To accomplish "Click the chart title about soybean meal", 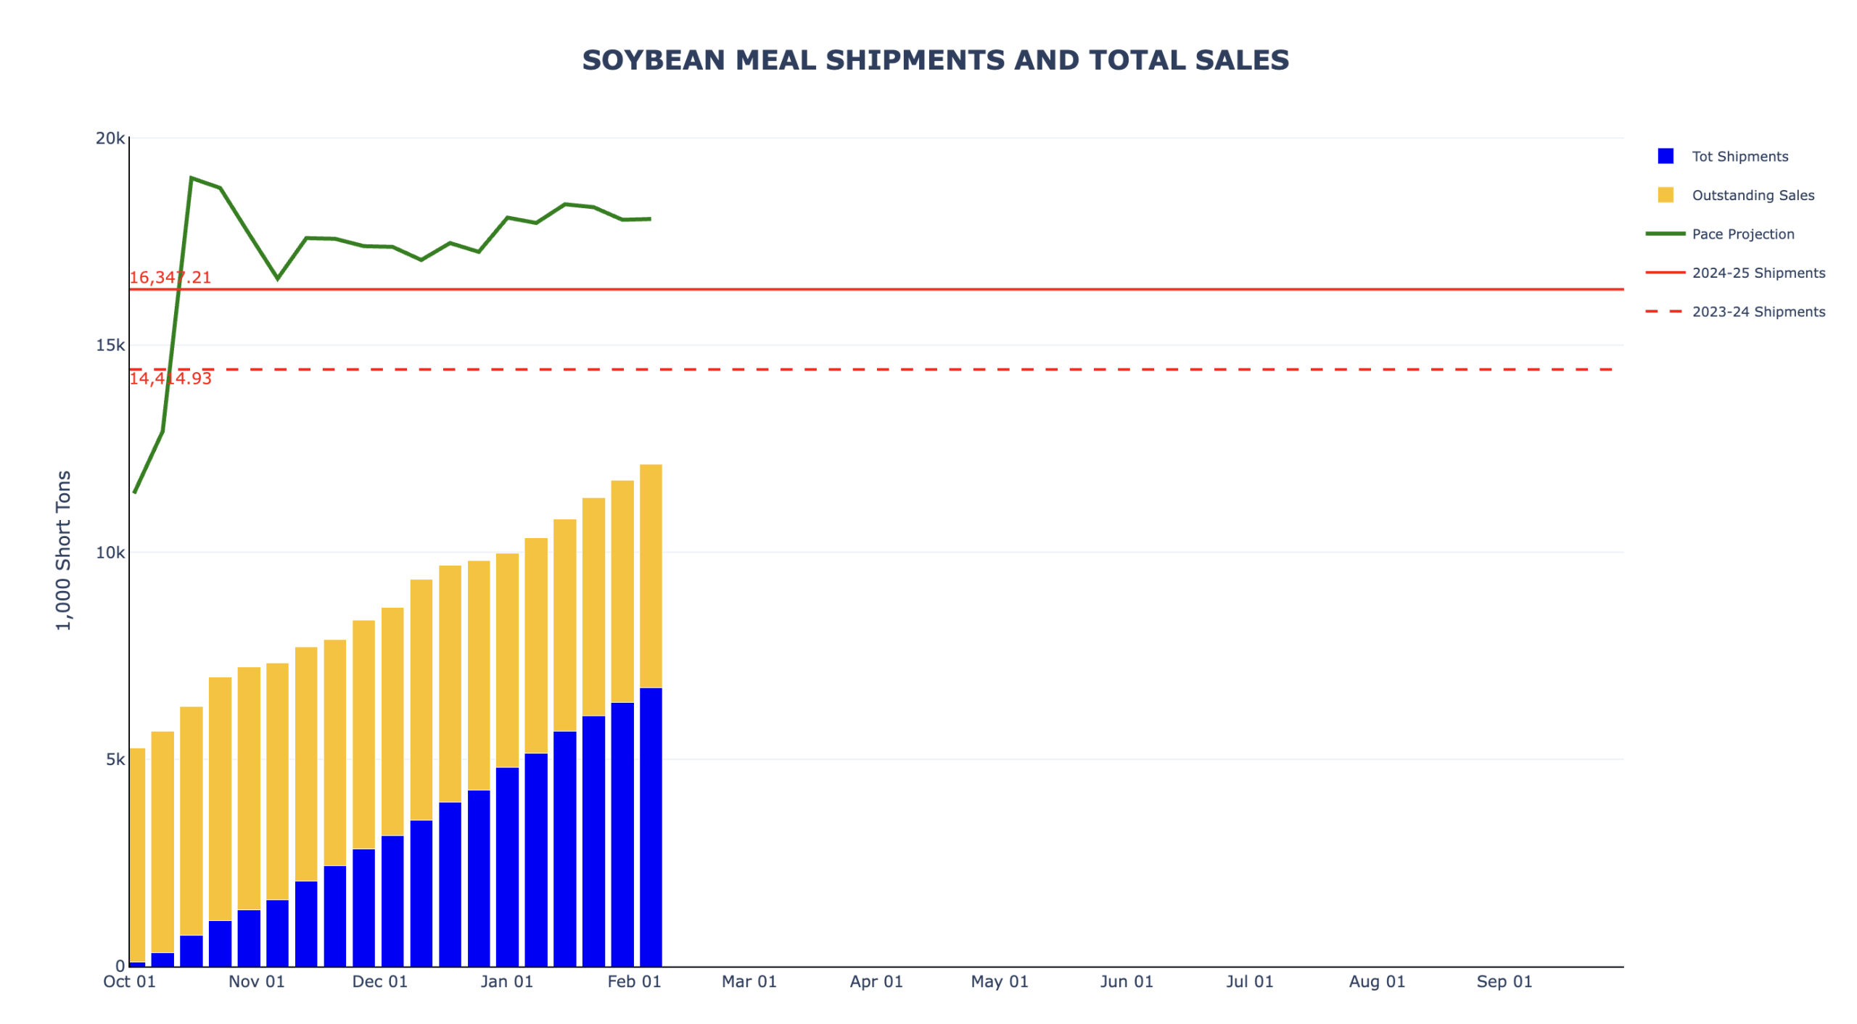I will (x=935, y=60).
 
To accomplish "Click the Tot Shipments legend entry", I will (x=1739, y=156).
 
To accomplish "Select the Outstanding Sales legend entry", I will (x=1752, y=194).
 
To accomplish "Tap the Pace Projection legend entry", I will (x=1742, y=234).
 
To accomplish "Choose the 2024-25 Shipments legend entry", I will (x=1757, y=272).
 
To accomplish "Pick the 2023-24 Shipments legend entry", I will (x=1757, y=311).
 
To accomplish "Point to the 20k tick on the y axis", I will (x=110, y=138).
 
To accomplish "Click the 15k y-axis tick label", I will (x=110, y=344).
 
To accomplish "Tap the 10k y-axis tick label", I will (x=110, y=552).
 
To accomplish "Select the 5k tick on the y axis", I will (x=115, y=759).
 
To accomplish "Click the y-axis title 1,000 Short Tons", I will (x=64, y=550).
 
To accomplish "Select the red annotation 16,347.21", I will (x=170, y=277).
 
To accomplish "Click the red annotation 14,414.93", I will (x=170, y=378).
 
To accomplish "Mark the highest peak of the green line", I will (x=191, y=178).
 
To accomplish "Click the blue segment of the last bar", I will (x=650, y=827).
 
